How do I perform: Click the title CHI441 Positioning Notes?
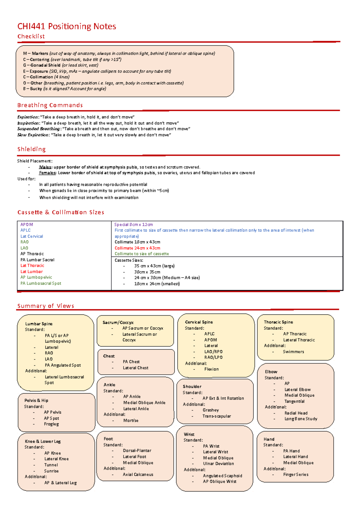pyautogui.click(x=67, y=26)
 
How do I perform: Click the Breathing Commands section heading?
pyautogui.click(x=50, y=105)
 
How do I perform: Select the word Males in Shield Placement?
pyautogui.click(x=45, y=167)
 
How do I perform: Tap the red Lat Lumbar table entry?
pyautogui.click(x=31, y=272)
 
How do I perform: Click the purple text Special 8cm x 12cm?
pyautogui.click(x=133, y=225)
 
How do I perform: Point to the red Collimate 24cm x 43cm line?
pyautogui.click(x=137, y=248)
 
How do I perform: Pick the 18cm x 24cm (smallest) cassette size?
pyautogui.click(x=157, y=284)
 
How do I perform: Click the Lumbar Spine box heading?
pyautogui.click(x=39, y=324)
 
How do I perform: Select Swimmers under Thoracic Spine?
pyautogui.click(x=293, y=352)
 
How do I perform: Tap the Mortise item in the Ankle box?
pyautogui.click(x=131, y=421)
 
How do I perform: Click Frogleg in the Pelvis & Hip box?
pyautogui.click(x=51, y=424)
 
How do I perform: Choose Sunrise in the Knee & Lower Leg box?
pyautogui.click(x=51, y=471)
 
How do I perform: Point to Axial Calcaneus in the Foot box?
pyautogui.click(x=138, y=475)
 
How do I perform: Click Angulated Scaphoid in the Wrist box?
pyautogui.click(x=222, y=476)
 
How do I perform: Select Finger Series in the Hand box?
pyautogui.click(x=296, y=475)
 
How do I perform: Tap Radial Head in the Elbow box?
pyautogui.click(x=296, y=413)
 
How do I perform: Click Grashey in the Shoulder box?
pyautogui.click(x=211, y=410)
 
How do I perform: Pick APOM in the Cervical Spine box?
pyautogui.click(x=211, y=340)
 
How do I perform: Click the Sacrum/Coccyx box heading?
pyautogui.click(x=118, y=323)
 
